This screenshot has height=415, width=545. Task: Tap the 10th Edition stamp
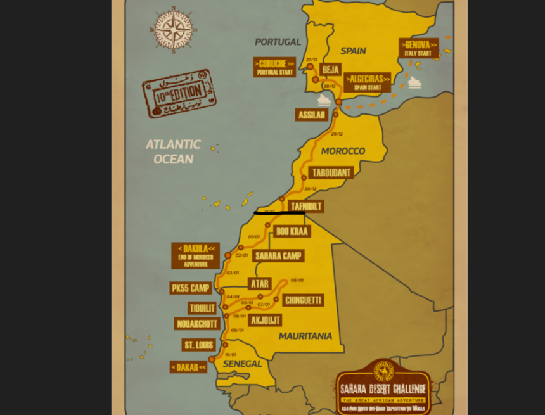click(x=179, y=94)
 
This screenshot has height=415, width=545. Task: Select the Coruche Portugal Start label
click(x=274, y=67)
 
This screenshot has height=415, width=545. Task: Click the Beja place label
click(x=330, y=70)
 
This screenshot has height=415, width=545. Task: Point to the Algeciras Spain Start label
click(x=368, y=82)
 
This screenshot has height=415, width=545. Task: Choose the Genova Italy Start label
click(x=419, y=48)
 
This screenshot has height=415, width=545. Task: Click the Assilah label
click(x=312, y=115)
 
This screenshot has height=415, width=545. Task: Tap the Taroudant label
click(x=331, y=172)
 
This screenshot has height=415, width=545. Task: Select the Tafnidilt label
click(x=306, y=206)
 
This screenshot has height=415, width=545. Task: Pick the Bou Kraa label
click(x=292, y=231)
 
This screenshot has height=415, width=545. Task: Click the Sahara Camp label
click(x=278, y=256)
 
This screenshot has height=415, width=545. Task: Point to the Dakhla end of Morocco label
click(x=195, y=255)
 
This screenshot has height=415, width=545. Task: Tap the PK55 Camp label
click(x=191, y=288)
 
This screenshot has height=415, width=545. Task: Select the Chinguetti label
click(x=303, y=300)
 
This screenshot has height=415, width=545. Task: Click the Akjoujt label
click(x=266, y=320)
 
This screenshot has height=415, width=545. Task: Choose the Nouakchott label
click(x=197, y=324)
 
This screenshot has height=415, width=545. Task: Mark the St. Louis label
click(x=198, y=345)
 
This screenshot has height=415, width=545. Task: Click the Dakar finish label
click(x=189, y=367)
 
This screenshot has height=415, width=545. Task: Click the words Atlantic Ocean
click(x=173, y=152)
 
